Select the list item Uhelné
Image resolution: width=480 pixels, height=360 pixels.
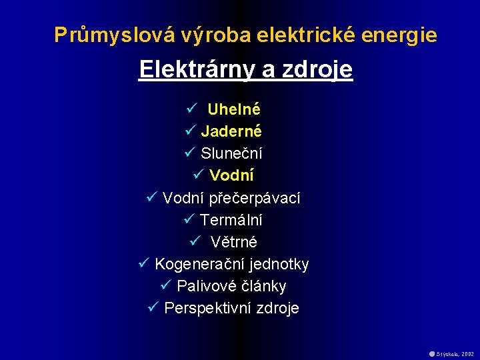[233, 109]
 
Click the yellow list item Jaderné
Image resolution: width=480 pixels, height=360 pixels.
[231, 131]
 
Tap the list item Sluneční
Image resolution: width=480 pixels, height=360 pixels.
[231, 153]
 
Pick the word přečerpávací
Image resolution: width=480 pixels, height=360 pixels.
[255, 198]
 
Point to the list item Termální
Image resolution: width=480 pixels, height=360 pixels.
[231, 220]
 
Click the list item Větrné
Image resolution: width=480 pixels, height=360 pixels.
[233, 242]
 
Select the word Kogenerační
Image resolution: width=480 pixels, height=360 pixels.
[200, 265]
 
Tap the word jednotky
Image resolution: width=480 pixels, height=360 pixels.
[279, 265]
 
